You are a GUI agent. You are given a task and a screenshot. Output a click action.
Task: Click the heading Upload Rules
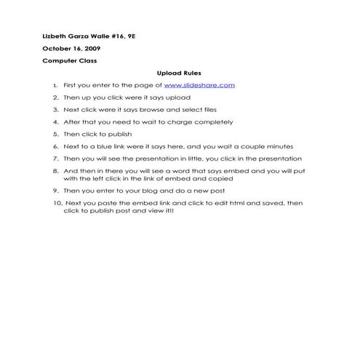pyautogui.click(x=179, y=73)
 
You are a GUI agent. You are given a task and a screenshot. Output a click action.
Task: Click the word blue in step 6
pyautogui.click(x=102, y=146)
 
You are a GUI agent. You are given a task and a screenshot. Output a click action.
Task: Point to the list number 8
pyautogui.click(x=55, y=170)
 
